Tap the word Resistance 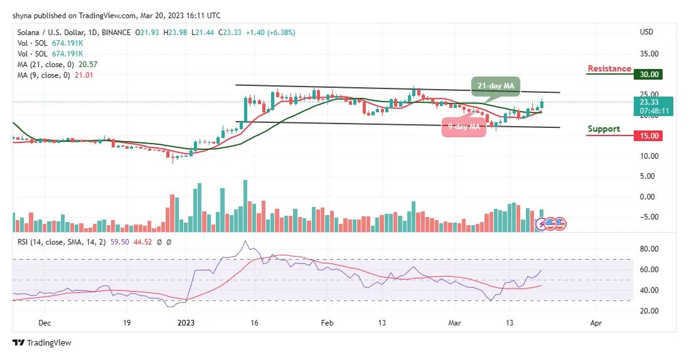click(x=609, y=69)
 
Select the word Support click(x=604, y=129)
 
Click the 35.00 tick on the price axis click(x=649, y=54)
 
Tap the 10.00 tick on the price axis click(x=649, y=156)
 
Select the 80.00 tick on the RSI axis click(x=649, y=249)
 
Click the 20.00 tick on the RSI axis click(x=649, y=311)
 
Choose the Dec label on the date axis click(x=45, y=324)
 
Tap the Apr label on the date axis click(x=596, y=324)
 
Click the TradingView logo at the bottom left click(x=42, y=342)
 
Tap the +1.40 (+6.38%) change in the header click(x=274, y=33)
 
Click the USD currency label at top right click(x=646, y=32)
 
